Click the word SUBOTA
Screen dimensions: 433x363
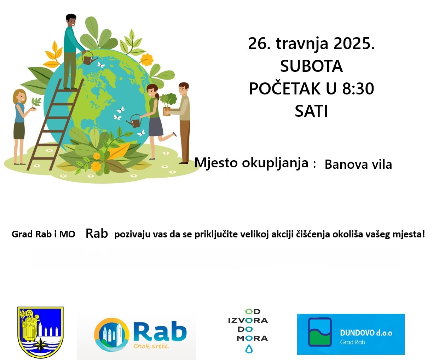pyautogui.click(x=311, y=66)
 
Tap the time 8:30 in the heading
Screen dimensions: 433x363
pyautogui.click(x=358, y=88)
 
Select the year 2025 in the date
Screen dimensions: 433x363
pyautogui.click(x=354, y=44)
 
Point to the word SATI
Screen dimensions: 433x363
pyautogui.click(x=311, y=111)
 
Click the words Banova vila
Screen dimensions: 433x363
pyautogui.click(x=358, y=165)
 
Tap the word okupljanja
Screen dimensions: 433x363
pyautogui.click(x=275, y=163)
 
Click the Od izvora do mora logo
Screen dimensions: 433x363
pyautogui.click(x=248, y=331)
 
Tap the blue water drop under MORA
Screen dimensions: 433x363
pyautogui.click(x=249, y=349)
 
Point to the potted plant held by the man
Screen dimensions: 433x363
pyautogui.click(x=168, y=104)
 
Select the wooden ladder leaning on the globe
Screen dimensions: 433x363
pyautogui.click(x=56, y=124)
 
